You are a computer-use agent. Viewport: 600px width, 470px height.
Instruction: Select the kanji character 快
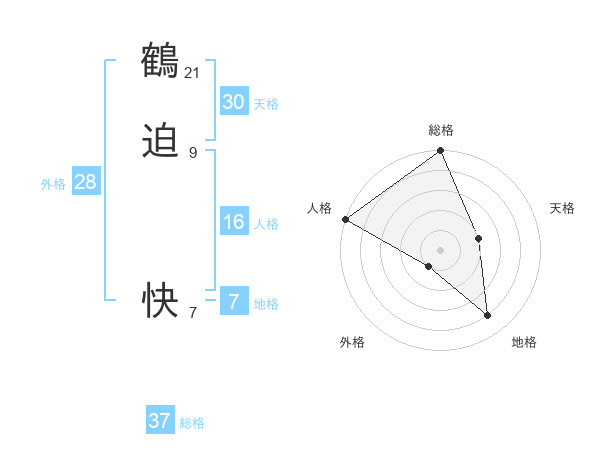160,300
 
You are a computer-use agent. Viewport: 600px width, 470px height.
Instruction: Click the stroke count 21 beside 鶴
193,73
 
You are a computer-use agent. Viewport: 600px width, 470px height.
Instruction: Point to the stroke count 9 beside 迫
193,153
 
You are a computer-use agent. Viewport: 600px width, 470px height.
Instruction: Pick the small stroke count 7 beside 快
193,313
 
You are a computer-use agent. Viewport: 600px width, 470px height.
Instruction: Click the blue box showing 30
233,102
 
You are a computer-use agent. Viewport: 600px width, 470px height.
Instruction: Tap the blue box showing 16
233,222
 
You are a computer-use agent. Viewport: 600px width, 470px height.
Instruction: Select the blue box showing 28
85,182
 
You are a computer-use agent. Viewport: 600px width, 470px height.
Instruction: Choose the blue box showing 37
159,421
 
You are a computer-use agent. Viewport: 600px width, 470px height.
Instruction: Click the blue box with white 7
233,301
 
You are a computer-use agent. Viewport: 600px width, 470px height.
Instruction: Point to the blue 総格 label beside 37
192,423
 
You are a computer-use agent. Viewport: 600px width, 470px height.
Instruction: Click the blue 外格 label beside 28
53,184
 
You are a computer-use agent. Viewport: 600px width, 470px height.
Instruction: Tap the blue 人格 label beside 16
267,224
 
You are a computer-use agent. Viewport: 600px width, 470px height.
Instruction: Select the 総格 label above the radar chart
441,130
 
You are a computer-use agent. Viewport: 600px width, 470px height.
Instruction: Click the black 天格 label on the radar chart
562,208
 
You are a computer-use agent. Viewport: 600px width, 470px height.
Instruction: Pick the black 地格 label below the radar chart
524,342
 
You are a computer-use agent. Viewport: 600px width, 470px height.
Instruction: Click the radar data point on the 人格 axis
345,219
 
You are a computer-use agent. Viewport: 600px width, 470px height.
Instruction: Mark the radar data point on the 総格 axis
441,151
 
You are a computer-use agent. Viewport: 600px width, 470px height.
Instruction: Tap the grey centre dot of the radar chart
441,249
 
